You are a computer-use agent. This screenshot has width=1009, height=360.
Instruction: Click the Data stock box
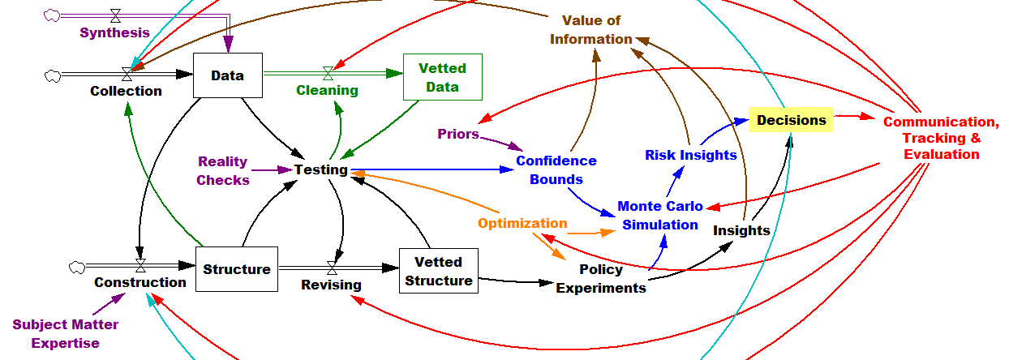[227, 75]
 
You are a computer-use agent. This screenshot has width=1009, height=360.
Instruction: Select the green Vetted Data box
[443, 77]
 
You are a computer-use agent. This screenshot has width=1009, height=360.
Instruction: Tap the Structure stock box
[237, 269]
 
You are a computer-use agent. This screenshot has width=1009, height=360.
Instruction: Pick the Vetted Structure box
[438, 272]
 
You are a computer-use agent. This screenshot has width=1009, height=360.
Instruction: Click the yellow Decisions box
[791, 120]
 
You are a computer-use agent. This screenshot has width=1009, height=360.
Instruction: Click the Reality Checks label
[223, 171]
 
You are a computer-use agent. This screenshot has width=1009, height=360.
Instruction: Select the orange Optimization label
[522, 223]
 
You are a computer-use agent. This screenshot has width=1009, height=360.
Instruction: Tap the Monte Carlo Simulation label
[660, 216]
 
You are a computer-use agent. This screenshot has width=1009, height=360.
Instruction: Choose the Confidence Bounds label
[556, 169]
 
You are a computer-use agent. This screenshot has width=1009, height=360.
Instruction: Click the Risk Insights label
[691, 155]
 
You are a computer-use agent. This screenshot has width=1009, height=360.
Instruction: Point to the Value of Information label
[590, 30]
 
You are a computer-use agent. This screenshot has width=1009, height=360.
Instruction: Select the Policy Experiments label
[601, 278]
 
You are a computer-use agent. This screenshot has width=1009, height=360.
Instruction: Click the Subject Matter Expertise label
[65, 333]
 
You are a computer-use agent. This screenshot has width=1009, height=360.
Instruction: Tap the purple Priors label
[458, 134]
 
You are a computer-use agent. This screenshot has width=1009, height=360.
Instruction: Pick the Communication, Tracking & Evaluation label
[941, 138]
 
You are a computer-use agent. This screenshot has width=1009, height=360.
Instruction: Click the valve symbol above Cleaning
[328, 73]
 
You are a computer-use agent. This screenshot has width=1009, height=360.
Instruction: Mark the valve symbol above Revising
[332, 267]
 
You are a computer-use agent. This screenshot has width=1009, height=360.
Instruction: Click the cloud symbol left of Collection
[53, 75]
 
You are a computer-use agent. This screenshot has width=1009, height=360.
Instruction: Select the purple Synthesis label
[114, 32]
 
